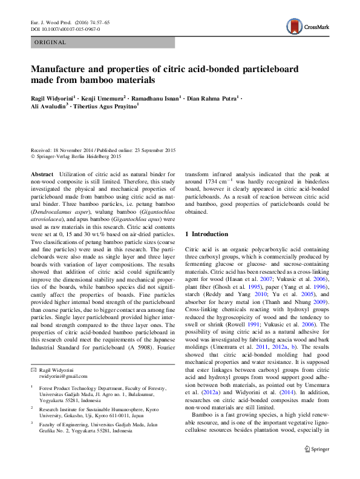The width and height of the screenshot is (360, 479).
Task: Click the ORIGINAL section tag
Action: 50,42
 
